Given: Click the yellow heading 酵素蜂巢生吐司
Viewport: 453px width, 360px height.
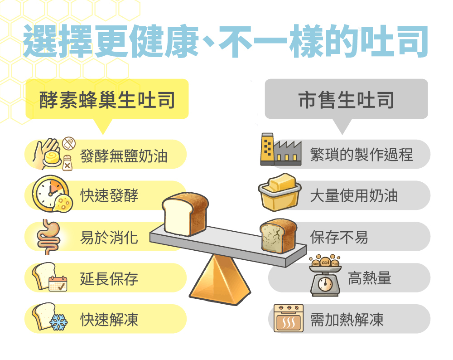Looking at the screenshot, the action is (107, 99).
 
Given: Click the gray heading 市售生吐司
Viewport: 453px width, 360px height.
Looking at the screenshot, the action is (346, 99).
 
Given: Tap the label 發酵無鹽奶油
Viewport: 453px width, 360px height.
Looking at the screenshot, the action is (124, 156).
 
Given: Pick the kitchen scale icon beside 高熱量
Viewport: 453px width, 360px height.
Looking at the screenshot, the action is (324, 276).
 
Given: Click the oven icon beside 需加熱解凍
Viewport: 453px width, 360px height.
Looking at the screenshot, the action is (289, 319).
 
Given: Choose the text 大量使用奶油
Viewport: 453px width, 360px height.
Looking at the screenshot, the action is (354, 195).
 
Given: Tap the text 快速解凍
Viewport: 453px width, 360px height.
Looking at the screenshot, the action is (109, 320).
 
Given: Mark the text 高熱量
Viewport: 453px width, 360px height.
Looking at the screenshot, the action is (369, 277).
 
